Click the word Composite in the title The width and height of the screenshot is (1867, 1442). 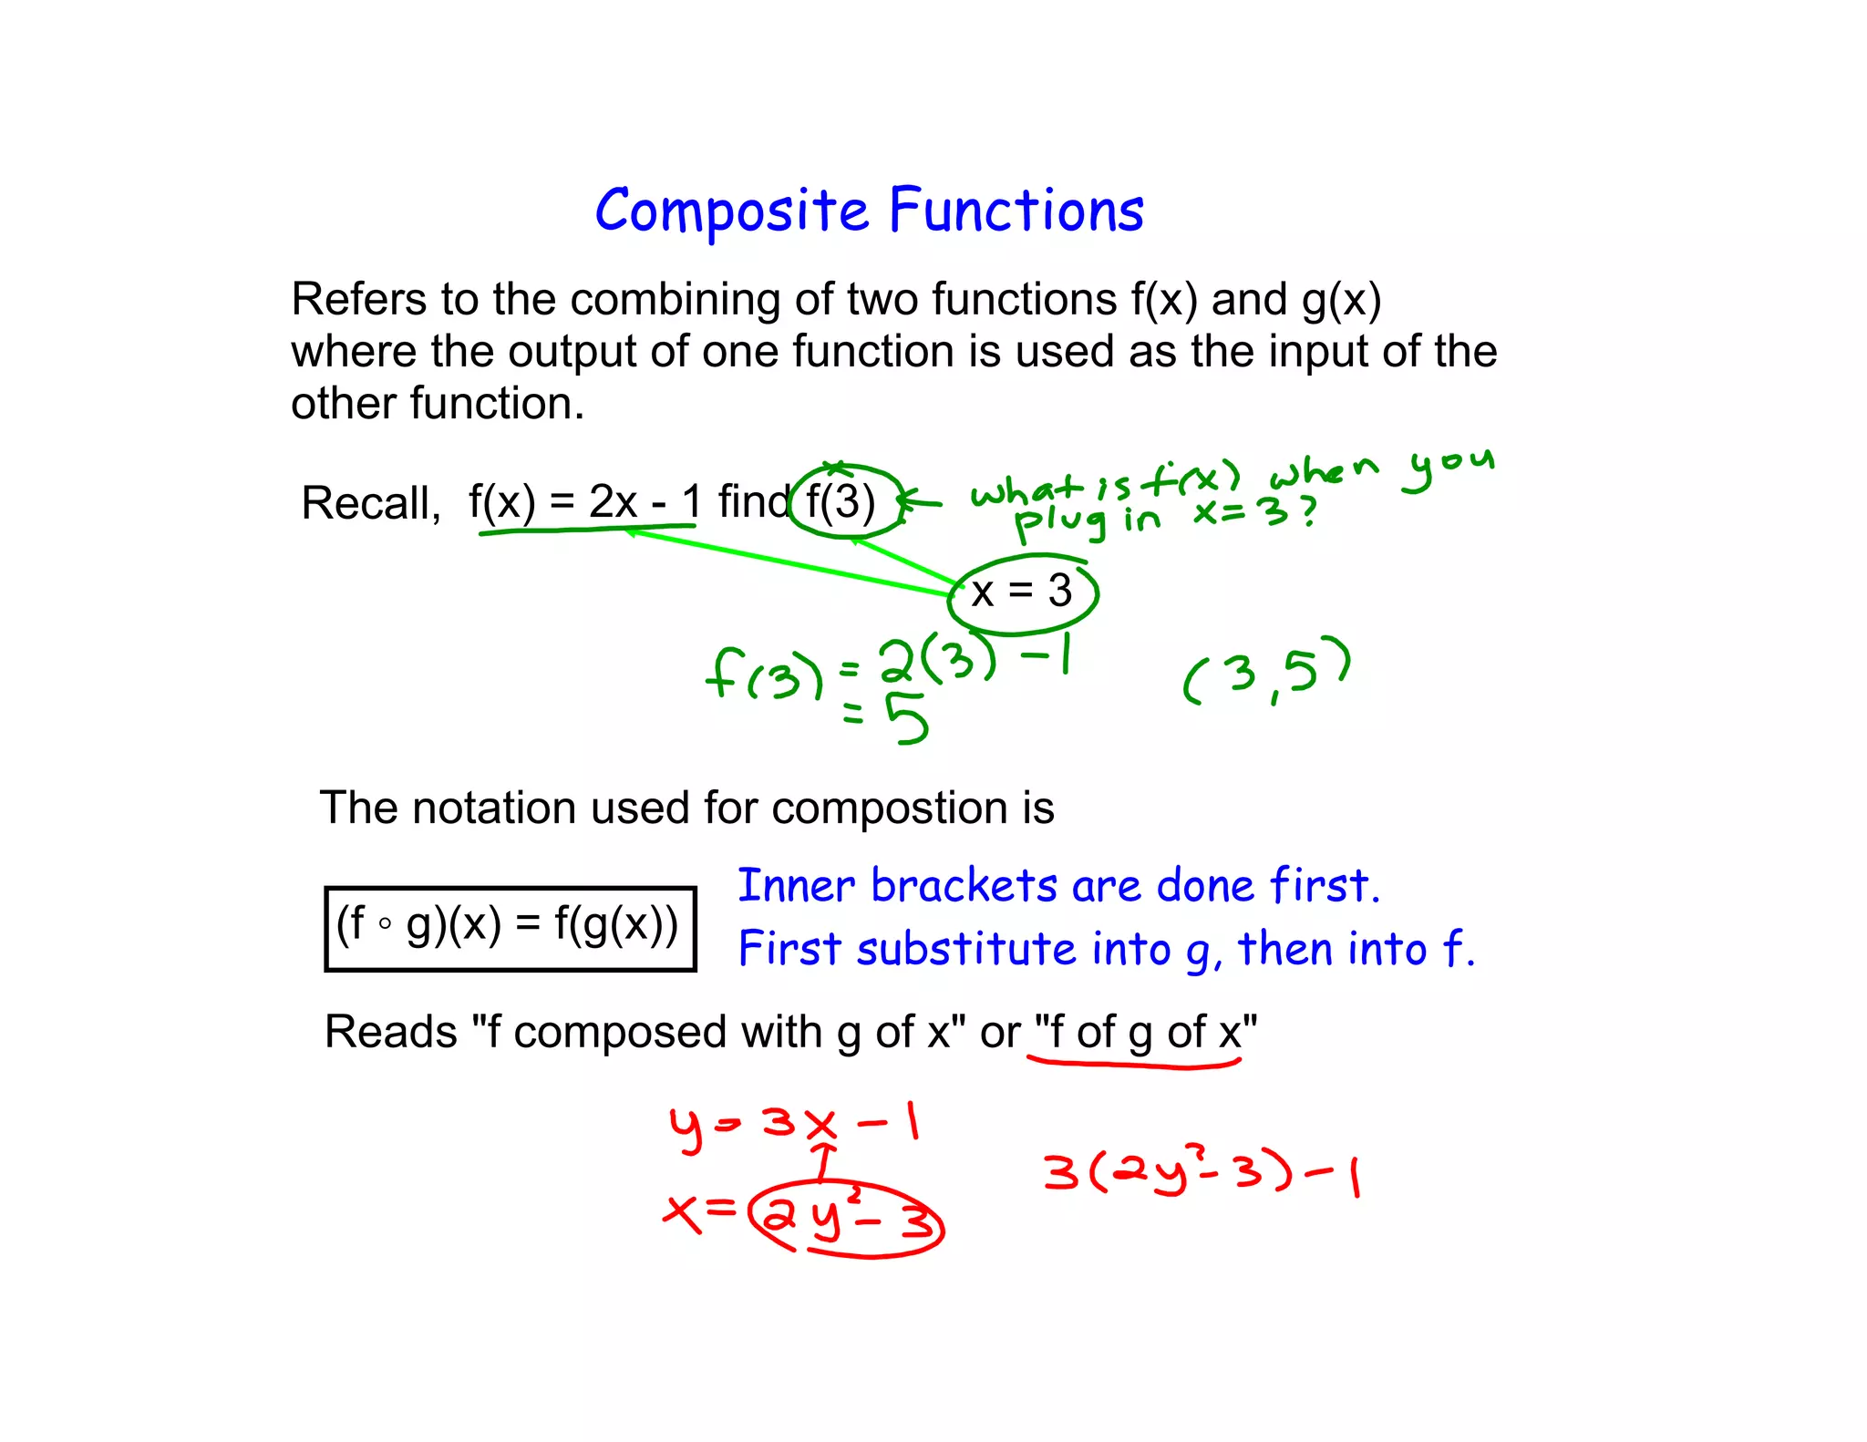tap(731, 211)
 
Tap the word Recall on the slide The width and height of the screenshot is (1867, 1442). tap(370, 502)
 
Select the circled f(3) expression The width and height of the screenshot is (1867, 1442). tap(841, 500)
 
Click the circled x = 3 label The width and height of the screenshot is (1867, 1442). tap(1022, 592)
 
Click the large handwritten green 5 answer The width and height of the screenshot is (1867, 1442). tap(908, 718)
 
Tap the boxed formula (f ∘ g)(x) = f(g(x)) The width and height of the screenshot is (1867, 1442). tap(510, 927)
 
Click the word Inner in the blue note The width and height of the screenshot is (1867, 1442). tap(796, 886)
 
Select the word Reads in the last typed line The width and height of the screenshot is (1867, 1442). tap(391, 1033)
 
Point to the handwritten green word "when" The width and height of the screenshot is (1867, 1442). tap(1323, 472)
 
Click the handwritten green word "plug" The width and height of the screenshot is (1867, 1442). tap(1061, 523)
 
